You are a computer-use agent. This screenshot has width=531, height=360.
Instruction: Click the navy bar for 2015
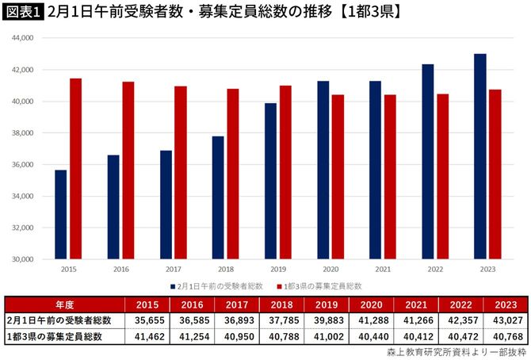pyautogui.click(x=61, y=214)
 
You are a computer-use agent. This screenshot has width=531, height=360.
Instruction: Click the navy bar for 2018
pyautogui.click(x=218, y=197)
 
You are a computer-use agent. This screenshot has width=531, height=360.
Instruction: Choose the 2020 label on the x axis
pyautogui.click(x=330, y=270)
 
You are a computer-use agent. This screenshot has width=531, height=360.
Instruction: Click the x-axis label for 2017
pyautogui.click(x=173, y=270)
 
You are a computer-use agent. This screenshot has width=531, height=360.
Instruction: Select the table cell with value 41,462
pyautogui.click(x=147, y=336)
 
